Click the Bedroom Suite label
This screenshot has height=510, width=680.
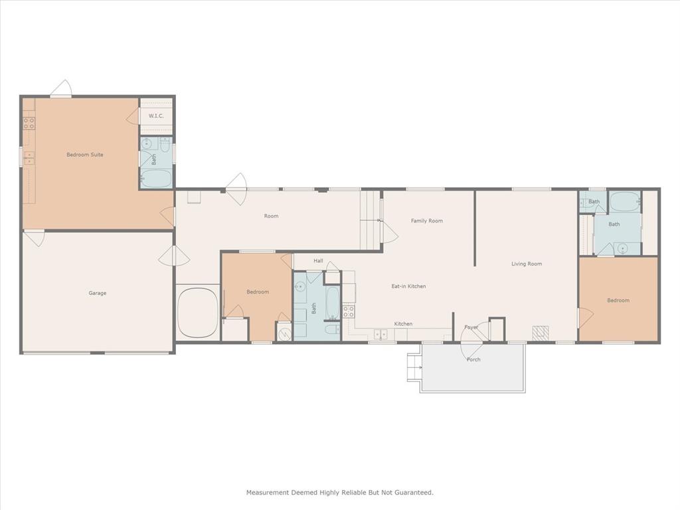point(85,155)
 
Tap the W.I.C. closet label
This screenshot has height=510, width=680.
point(156,116)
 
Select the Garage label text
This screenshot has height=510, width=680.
point(98,293)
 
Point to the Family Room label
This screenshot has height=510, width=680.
point(426,220)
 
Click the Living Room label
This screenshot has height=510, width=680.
point(527,264)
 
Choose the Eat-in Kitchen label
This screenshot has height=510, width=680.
point(408,286)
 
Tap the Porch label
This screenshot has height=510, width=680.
point(473,359)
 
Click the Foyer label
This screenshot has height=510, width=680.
point(471,327)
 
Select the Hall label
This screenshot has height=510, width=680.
point(318,261)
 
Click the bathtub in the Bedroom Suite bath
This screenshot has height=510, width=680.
point(156,179)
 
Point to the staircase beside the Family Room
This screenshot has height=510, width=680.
point(371,220)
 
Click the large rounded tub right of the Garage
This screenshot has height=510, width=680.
point(197,312)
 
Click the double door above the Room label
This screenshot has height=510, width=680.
point(236,184)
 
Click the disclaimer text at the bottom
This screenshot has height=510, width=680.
point(340,492)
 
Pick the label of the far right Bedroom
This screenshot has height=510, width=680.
point(618,300)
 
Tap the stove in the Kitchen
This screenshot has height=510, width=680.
point(349,310)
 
